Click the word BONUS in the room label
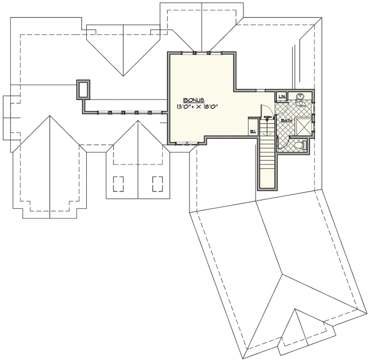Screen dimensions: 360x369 click(194, 100)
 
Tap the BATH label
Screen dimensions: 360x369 click(286, 120)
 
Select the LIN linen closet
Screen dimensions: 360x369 click(281, 96)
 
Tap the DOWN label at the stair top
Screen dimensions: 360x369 click(267, 118)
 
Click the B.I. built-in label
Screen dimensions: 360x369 click(253, 132)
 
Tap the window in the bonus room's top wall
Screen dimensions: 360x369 click(202, 52)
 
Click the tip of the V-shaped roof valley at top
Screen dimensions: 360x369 click(123, 75)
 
